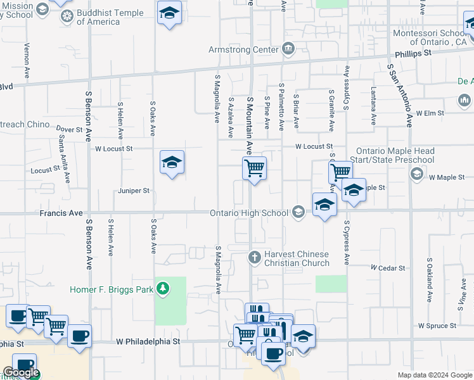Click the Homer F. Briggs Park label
coord(112,289)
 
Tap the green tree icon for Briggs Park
coord(163,289)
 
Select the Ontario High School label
coord(249,213)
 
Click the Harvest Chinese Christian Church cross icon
coord(253,257)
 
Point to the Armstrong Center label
coord(244,49)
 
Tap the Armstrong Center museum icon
coord(288,49)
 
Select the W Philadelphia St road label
coord(148,341)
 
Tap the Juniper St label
coord(133,190)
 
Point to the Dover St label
coord(70,129)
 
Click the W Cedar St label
coord(388,268)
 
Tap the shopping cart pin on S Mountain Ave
coord(254,168)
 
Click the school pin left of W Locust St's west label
coord(172,163)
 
